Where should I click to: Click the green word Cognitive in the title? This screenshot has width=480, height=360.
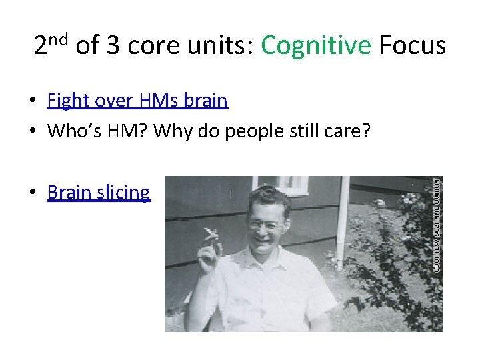pyautogui.click(x=315, y=46)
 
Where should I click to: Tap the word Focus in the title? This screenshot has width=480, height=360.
pyautogui.click(x=413, y=46)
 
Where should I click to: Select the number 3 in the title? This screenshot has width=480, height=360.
pyautogui.click(x=114, y=46)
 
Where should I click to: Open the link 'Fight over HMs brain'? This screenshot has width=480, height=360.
pyautogui.click(x=137, y=101)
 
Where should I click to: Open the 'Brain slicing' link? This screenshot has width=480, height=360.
pyautogui.click(x=99, y=193)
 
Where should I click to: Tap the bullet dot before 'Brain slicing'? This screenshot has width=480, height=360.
pyautogui.click(x=31, y=193)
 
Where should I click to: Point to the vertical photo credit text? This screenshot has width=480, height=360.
pyautogui.click(x=437, y=224)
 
